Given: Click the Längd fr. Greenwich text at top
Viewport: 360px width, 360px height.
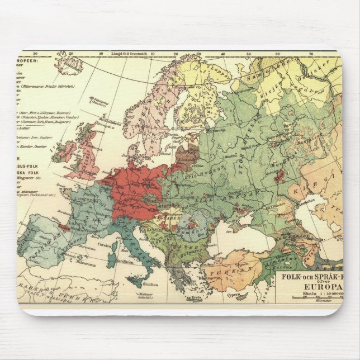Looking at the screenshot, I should [x=133, y=54].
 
